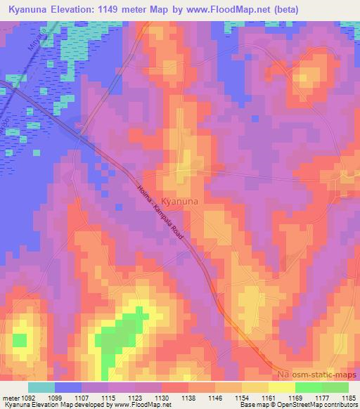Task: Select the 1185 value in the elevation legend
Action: point(347,398)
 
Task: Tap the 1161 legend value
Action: point(276,398)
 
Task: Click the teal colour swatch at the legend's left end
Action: point(41,387)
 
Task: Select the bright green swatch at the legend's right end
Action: point(335,387)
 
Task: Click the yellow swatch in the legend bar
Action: point(281,387)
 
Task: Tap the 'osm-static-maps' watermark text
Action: point(317,377)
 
